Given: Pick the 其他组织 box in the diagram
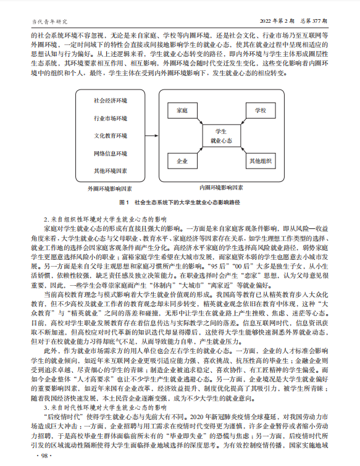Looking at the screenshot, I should click(x=260, y=161).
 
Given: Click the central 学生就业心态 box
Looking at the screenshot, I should click(x=220, y=136).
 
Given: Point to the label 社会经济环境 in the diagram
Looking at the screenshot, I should click(x=111, y=101).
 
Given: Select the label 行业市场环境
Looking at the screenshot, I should click(x=111, y=118).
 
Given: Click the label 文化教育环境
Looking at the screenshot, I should click(x=111, y=136).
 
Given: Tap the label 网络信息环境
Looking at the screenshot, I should click(x=111, y=153).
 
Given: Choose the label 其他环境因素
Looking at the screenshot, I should click(x=111, y=170).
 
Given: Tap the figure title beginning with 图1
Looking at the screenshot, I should click(x=180, y=202).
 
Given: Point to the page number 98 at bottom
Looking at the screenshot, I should click(x=44, y=455).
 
